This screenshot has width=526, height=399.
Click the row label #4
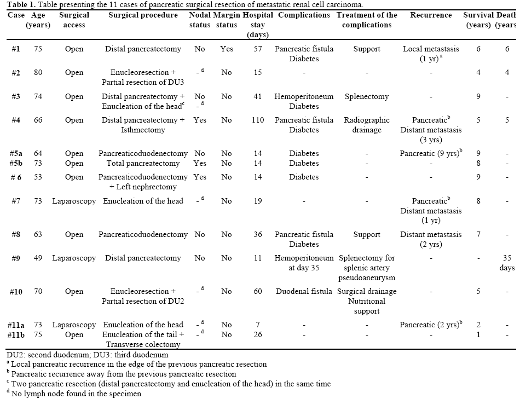16,120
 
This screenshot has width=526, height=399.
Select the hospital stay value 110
257,120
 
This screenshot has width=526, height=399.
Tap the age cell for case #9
38,258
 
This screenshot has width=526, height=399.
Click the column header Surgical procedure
143,15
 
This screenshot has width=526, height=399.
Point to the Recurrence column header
431,15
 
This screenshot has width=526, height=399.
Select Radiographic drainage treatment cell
366,125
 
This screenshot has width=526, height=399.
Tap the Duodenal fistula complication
304,292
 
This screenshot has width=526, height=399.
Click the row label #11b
16,335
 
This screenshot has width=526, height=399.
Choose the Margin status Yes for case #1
227,49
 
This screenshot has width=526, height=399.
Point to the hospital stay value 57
257,49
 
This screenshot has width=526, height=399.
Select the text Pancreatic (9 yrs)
429,154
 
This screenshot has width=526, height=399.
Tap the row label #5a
16,154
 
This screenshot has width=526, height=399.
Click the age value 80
38,73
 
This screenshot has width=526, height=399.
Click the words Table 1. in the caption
16,4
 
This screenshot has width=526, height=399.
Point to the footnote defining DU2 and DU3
88,355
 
